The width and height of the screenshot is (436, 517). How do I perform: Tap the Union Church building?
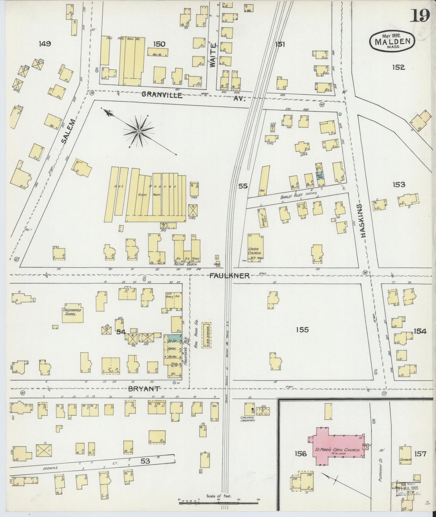(254, 248)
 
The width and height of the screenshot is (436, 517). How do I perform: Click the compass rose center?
(138, 132)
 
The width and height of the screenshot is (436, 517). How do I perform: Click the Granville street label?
(162, 95)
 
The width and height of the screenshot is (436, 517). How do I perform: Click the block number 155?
(302, 330)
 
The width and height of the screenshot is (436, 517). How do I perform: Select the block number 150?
(159, 44)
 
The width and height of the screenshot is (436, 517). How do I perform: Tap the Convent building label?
(406, 460)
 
